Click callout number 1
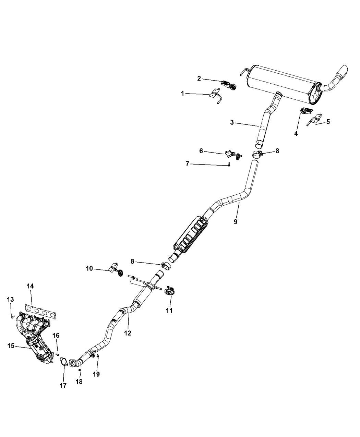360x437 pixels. click(x=183, y=93)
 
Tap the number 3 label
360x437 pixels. click(x=232, y=122)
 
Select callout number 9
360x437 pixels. click(x=245, y=222)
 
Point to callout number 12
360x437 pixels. click(x=128, y=333)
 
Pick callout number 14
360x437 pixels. click(x=31, y=286)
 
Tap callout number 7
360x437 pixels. click(x=187, y=164)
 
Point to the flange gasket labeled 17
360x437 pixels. click(x=63, y=362)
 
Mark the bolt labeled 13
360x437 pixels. click(x=13, y=317)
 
